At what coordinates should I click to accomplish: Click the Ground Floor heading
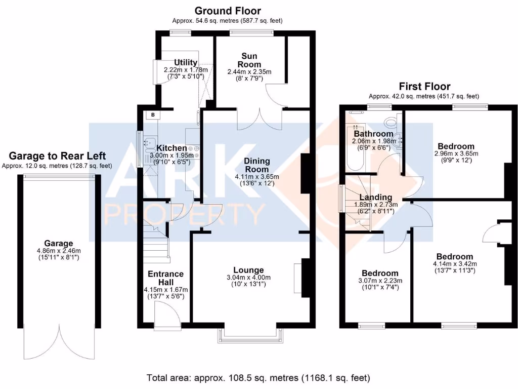(x=228, y=11)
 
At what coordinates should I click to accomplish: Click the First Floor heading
(x=424, y=86)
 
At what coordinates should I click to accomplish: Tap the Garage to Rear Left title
(x=58, y=155)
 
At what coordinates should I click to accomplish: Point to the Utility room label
(x=185, y=62)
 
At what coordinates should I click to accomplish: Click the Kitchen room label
(x=174, y=148)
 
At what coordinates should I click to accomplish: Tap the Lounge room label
(x=248, y=270)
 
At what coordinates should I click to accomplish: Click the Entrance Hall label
(x=165, y=278)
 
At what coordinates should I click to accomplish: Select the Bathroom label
(x=373, y=134)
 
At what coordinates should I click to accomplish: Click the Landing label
(x=375, y=197)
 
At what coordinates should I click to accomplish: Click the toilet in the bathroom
(x=391, y=122)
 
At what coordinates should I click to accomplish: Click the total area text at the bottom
(x=258, y=378)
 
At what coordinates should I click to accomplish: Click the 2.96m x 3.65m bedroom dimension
(x=456, y=153)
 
